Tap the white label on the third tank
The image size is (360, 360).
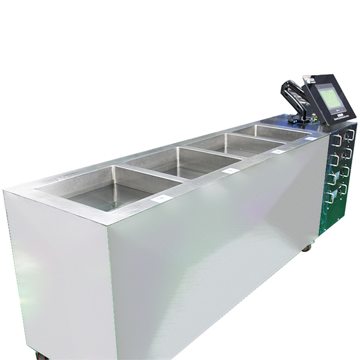[x=277, y=152]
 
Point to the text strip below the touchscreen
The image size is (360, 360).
[x=341, y=118]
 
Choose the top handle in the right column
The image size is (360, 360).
[x=350, y=134]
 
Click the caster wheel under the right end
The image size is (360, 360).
[x=307, y=247]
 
